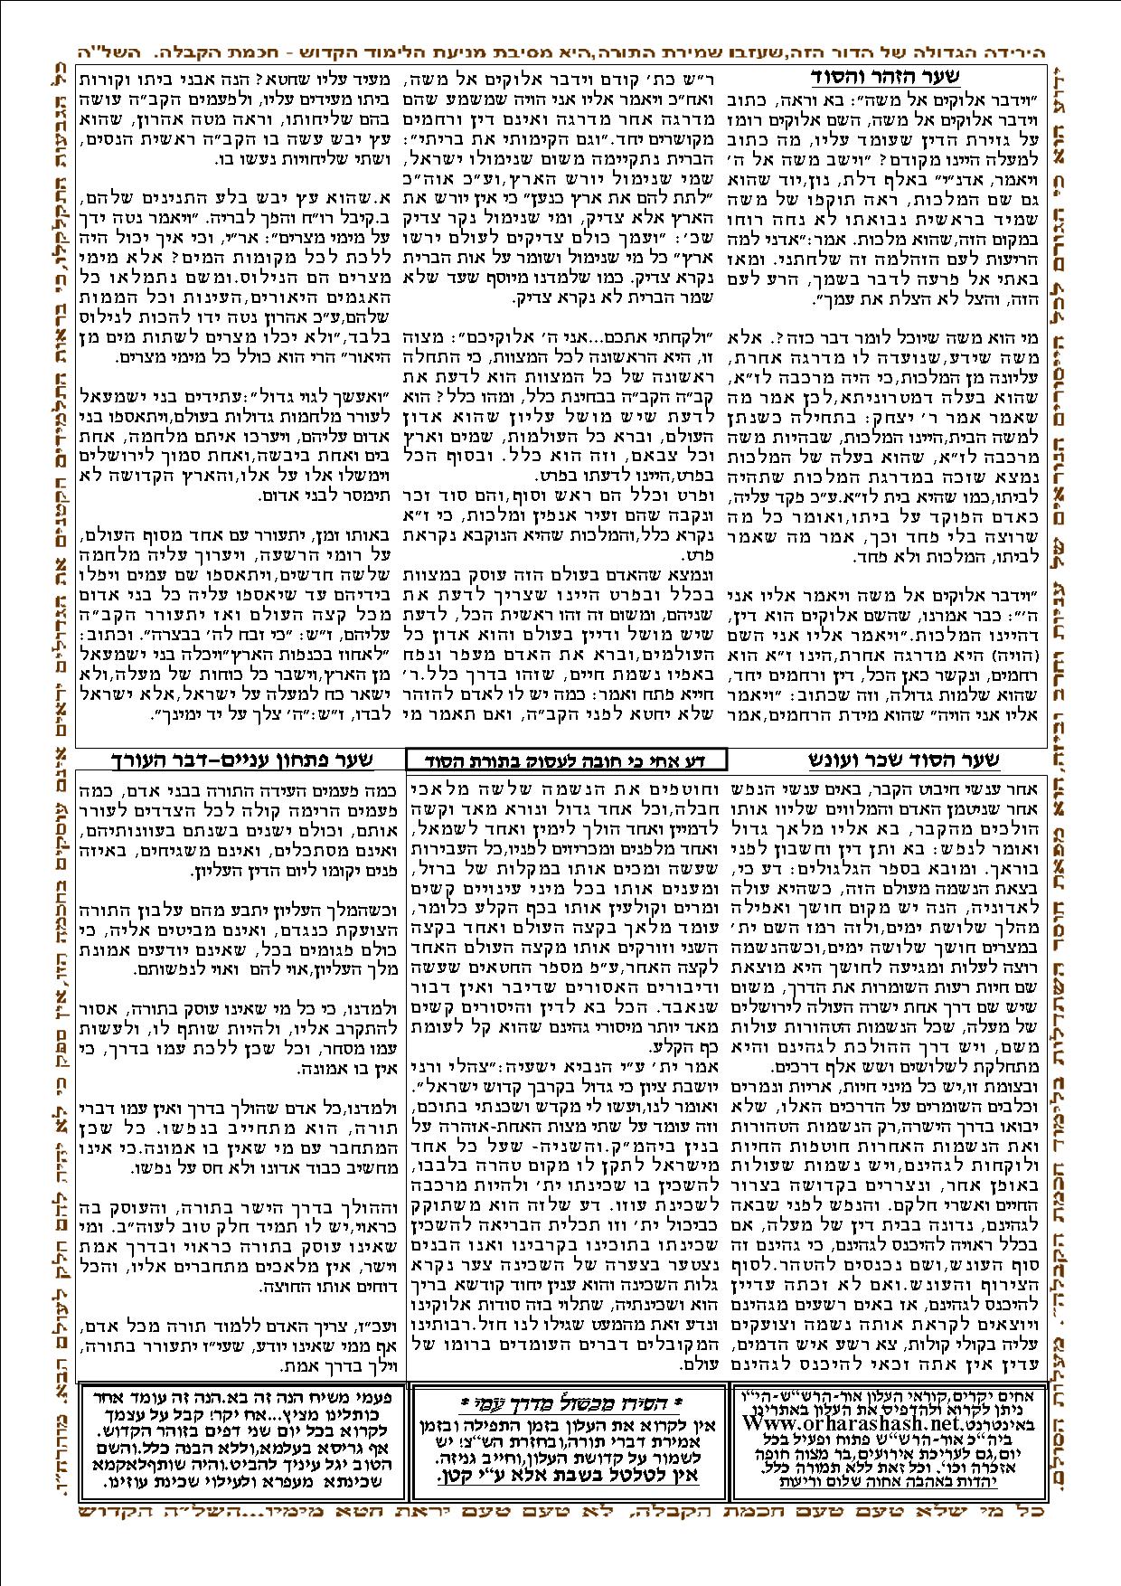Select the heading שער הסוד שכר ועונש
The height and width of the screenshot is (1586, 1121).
[907, 760]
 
